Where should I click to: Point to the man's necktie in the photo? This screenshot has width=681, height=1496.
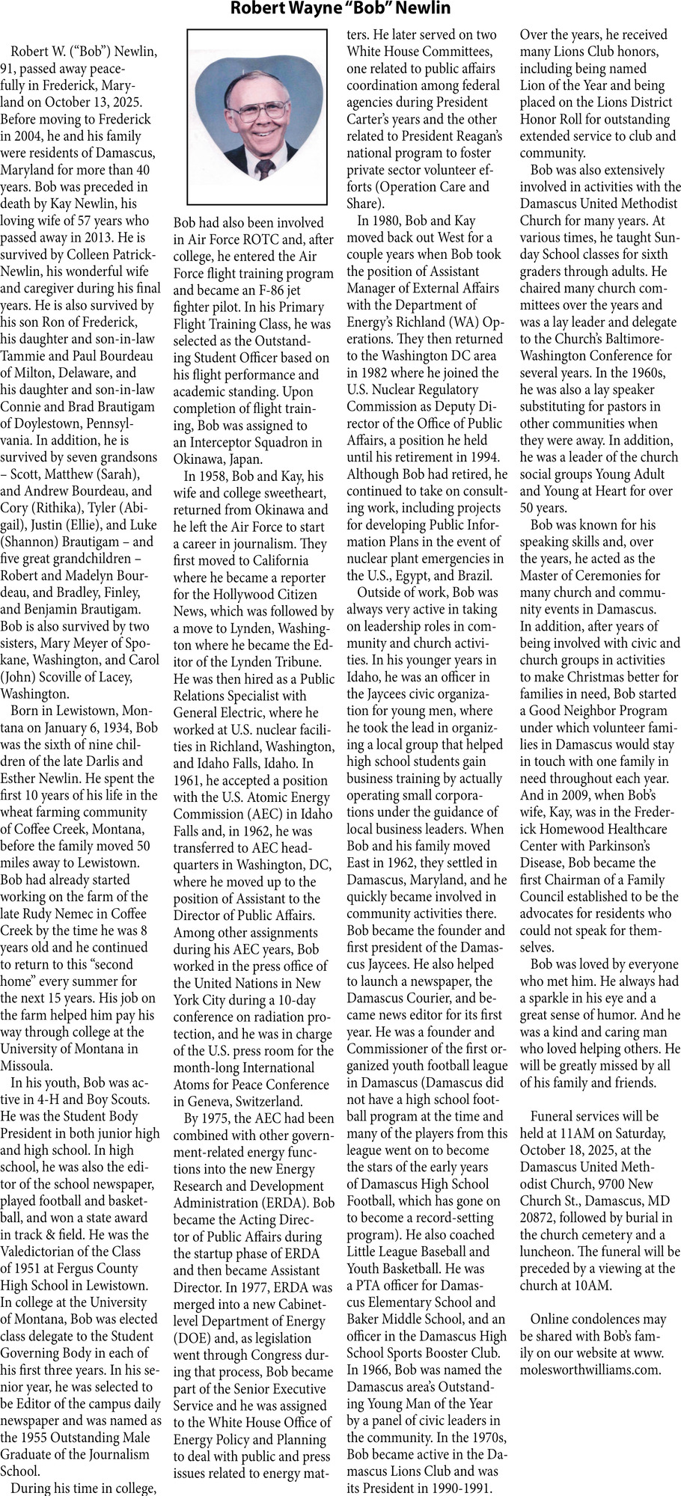coord(265,168)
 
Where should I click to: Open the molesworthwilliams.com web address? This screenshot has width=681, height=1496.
coord(590,1370)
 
